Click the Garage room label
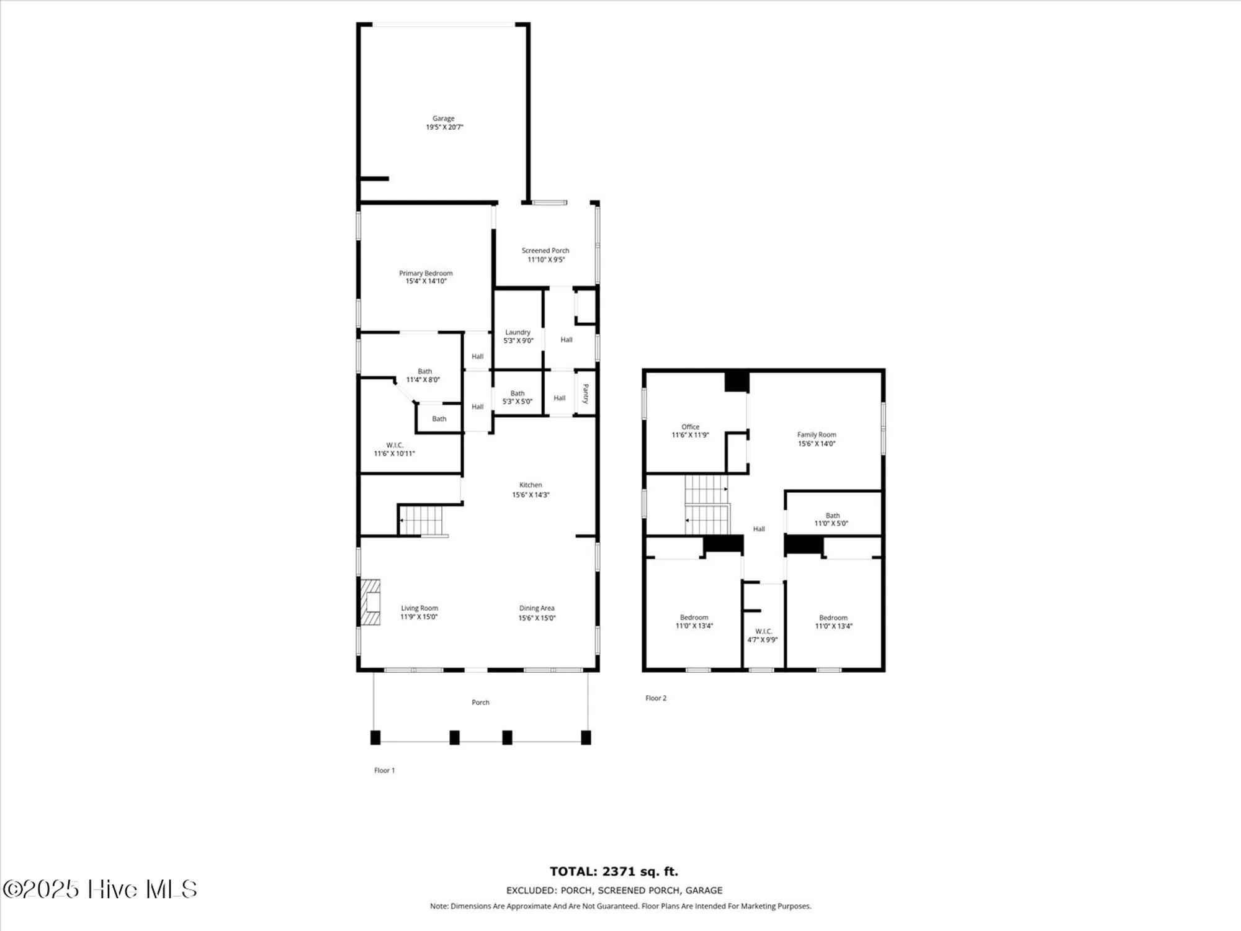443,119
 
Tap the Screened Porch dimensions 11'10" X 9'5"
546,259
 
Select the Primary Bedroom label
426,273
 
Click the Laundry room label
517,333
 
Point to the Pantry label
585,394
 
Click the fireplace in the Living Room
371,602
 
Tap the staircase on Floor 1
422,520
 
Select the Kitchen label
531,485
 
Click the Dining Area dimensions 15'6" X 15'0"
537,618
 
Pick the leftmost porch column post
375,737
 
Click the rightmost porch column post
586,737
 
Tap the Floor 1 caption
384,770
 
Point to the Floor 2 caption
656,698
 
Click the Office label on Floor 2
690,427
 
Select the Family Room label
817,435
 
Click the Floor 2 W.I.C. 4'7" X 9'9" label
763,636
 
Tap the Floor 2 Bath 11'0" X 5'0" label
832,519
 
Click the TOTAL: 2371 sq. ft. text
614,872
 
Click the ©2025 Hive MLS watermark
100,889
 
